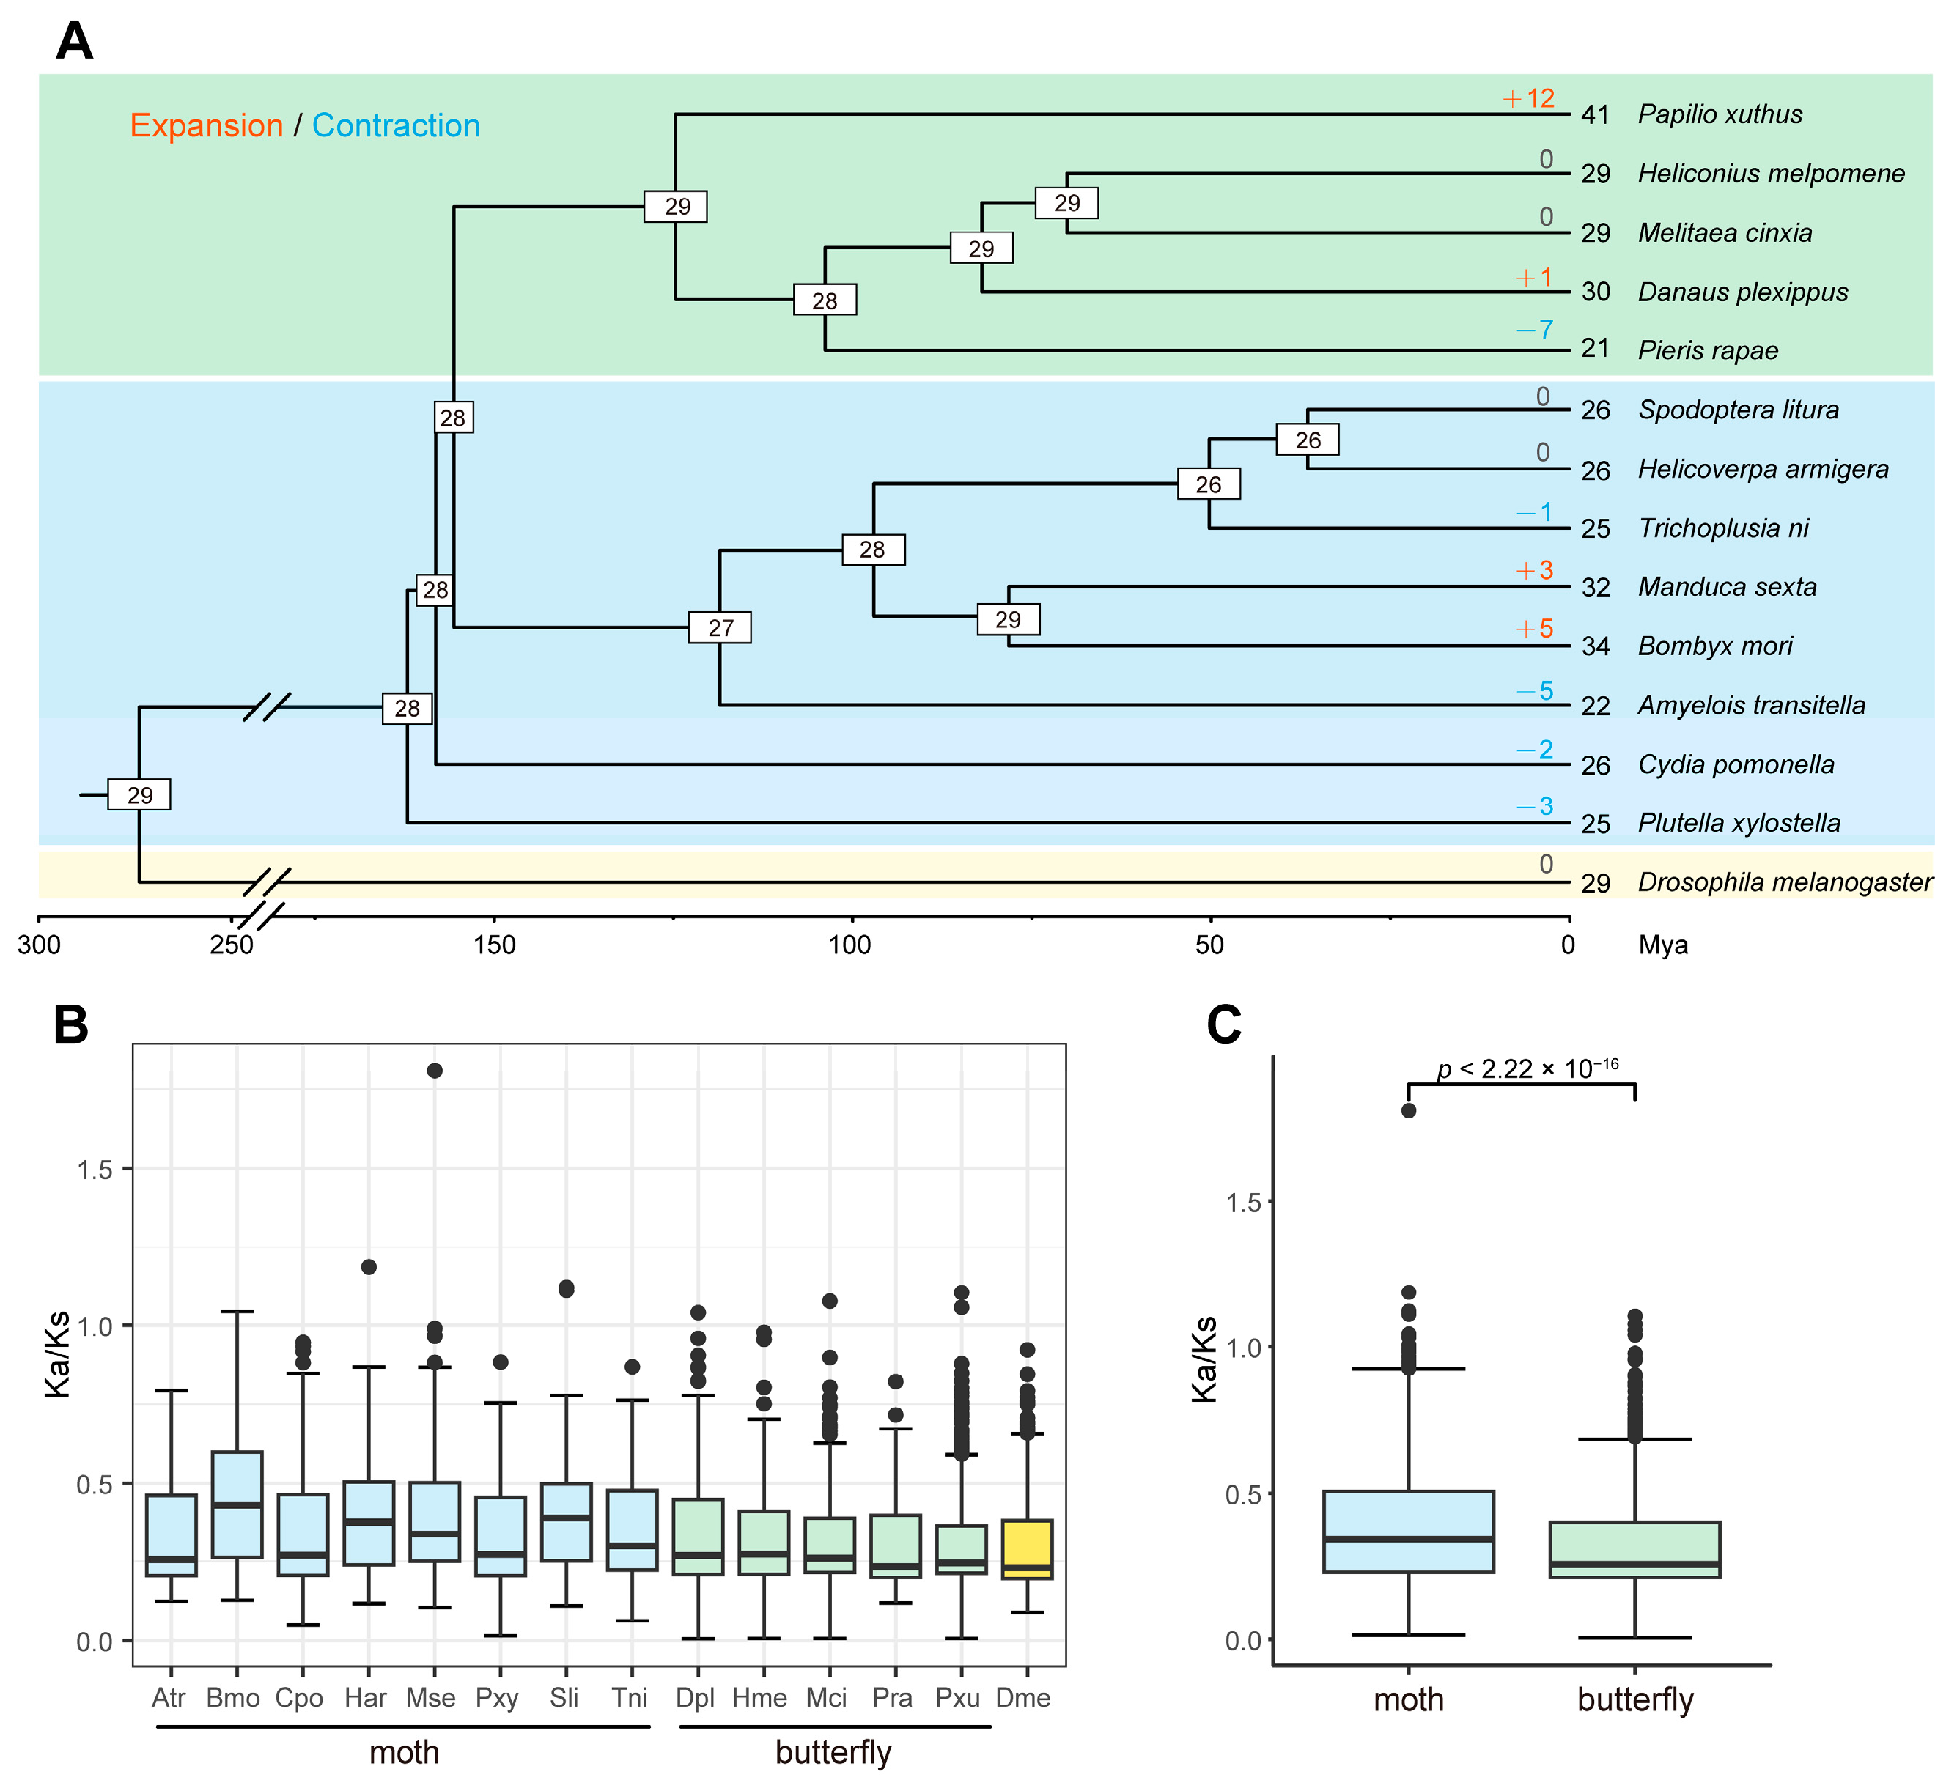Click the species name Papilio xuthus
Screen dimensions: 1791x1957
click(x=1720, y=114)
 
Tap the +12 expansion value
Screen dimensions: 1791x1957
click(x=1529, y=98)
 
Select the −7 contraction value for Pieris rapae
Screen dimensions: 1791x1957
click(x=1535, y=330)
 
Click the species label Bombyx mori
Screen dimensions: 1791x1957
click(x=1714, y=646)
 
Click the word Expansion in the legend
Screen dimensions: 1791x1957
click(x=207, y=125)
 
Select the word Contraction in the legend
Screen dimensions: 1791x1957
click(x=396, y=125)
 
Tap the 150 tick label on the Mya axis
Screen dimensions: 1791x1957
click(x=494, y=945)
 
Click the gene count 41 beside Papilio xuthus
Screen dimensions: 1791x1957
click(x=1595, y=114)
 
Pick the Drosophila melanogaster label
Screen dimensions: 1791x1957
click(x=1784, y=882)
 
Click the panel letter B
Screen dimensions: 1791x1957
click(x=71, y=1025)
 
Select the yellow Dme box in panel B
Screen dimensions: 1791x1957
click(x=1027, y=1549)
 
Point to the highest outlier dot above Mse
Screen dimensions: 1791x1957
click(x=435, y=1071)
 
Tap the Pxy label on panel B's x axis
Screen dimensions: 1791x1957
click(x=497, y=1698)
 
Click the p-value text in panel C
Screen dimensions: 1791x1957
click(x=1527, y=1068)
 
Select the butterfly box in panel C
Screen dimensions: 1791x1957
click(x=1634, y=1549)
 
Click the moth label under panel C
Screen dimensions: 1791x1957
click(x=1409, y=1699)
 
